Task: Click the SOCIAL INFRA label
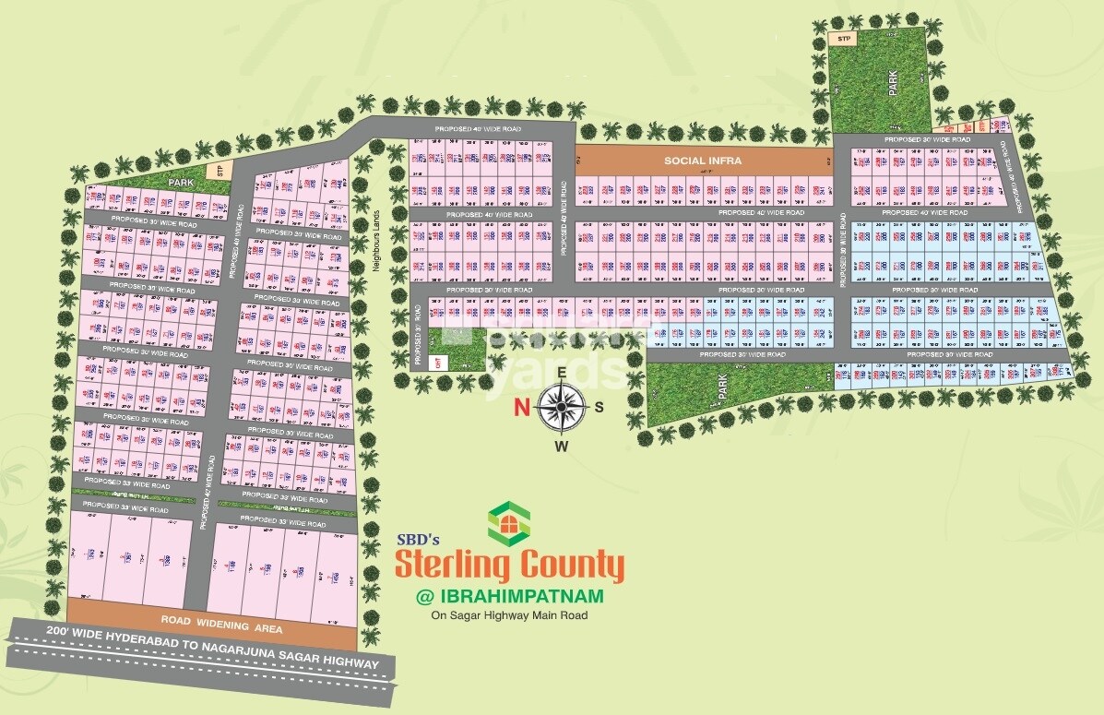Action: tap(704, 161)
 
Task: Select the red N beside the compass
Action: tap(522, 406)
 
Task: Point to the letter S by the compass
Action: tap(599, 407)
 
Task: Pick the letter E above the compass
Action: tap(562, 366)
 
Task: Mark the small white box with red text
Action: tap(439, 361)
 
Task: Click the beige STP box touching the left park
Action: tap(220, 171)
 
